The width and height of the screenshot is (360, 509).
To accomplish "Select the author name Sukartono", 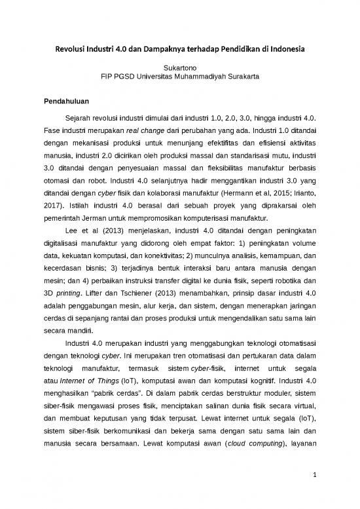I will coord(180,67).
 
